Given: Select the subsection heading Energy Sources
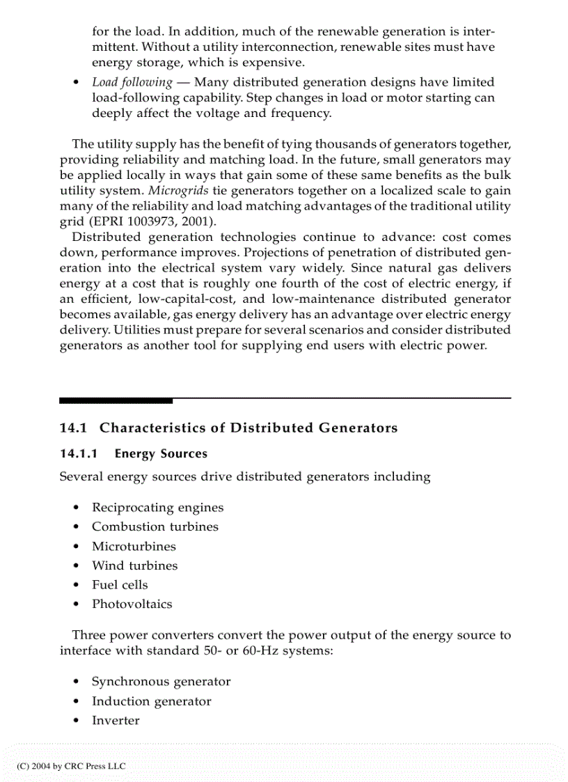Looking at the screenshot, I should [x=161, y=454].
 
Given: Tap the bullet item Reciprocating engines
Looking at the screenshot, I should [x=157, y=508].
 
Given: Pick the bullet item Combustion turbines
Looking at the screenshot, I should [x=155, y=527].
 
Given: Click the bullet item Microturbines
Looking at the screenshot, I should [x=134, y=547].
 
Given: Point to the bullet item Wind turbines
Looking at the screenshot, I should [x=134, y=566].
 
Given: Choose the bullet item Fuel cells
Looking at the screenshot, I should [x=120, y=585].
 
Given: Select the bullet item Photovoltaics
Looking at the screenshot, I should [x=132, y=604].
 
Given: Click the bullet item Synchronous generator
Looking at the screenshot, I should [x=161, y=682].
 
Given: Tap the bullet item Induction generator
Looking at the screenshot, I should [x=151, y=701].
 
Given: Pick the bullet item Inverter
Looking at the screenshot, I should [x=116, y=721].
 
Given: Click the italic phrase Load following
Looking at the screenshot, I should [x=132, y=82].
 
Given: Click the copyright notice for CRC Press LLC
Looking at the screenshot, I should [x=71, y=766].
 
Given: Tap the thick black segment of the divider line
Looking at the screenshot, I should [x=116, y=401].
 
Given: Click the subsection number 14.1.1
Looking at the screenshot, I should [x=78, y=454].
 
